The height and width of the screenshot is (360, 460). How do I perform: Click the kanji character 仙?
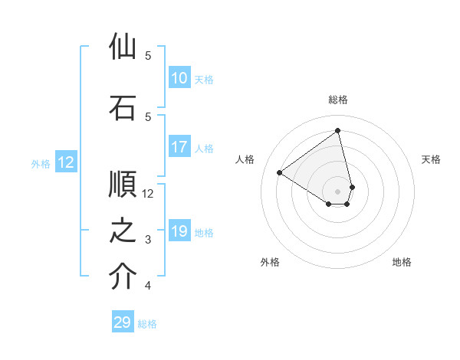point(123,47)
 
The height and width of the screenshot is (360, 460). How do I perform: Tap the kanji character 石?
point(123,108)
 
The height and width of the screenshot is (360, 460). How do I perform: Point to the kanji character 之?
point(123,231)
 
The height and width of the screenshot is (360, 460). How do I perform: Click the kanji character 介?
point(123,277)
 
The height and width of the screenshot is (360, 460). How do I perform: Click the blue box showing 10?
point(179,78)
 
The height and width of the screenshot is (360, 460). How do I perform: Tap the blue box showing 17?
point(179,147)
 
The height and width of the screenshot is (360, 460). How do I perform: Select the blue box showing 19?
point(179,231)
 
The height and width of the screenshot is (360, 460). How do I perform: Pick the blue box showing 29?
point(123,322)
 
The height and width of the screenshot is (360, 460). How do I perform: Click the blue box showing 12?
point(65,162)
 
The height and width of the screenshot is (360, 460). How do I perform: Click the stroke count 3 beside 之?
point(148,240)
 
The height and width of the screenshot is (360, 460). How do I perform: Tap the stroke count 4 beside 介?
point(148,286)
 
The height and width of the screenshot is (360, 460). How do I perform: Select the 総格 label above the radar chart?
point(338,100)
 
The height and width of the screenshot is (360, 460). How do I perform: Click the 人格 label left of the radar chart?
point(245,159)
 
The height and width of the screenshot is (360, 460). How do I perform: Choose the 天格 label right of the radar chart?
point(432,159)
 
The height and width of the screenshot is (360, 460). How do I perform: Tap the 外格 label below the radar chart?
point(270,262)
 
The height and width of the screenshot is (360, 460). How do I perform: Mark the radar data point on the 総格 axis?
point(338,130)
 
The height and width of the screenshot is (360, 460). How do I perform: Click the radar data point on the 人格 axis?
point(280,172)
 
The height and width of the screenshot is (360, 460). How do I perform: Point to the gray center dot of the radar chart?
point(338,191)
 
